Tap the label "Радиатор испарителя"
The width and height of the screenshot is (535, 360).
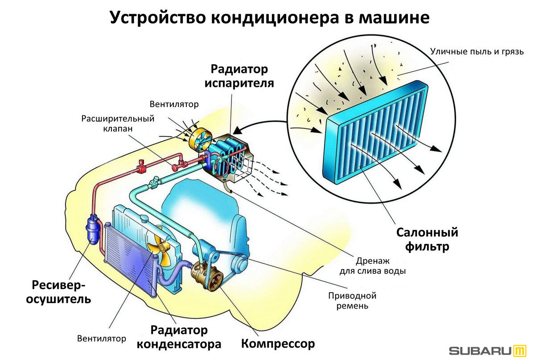239,76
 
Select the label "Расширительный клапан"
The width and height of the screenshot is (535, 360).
118,124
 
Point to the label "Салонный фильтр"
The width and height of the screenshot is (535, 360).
427,240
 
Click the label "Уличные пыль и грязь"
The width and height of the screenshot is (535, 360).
477,52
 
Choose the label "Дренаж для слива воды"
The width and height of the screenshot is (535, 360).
373,266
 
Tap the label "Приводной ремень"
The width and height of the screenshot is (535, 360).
352,301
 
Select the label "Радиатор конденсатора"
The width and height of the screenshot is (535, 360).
179,337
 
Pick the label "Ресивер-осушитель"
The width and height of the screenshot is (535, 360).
58,292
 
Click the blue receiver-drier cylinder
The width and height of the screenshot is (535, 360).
92,229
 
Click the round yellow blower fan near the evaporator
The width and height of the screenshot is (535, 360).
200,140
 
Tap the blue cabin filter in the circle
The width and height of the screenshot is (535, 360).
375,132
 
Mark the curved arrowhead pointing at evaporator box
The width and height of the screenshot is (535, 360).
237,131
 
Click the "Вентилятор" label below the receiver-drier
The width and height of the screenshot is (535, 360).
102,339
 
